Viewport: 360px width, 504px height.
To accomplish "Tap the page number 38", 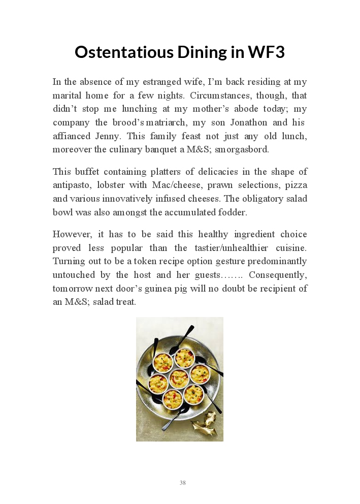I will click(x=182, y=483).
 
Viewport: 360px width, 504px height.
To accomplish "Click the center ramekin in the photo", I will click(x=179, y=378).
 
